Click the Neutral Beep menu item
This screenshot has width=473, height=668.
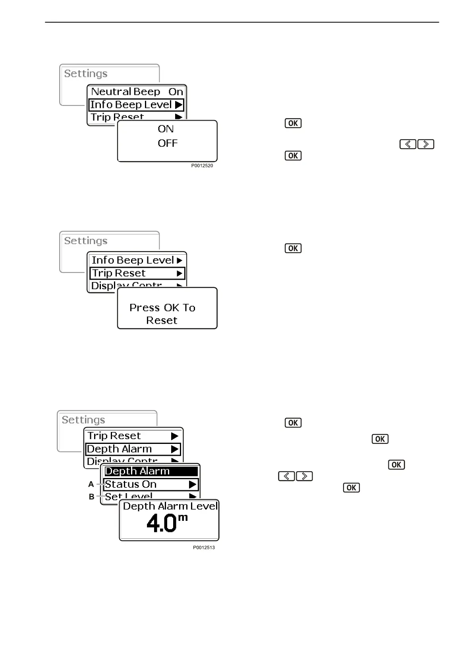tap(125, 92)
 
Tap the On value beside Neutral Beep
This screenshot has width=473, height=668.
tap(176, 92)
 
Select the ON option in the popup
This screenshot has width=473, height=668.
tap(166, 129)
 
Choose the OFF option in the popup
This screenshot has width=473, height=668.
tap(167, 143)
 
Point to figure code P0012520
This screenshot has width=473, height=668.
tap(202, 166)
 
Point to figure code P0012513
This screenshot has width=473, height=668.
tap(204, 547)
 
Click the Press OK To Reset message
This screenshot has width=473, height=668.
tap(162, 314)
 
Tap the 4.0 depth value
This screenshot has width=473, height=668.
tap(161, 523)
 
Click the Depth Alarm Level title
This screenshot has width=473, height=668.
tap(170, 506)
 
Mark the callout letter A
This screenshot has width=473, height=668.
tap(91, 484)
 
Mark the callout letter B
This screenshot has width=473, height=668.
tap(91, 497)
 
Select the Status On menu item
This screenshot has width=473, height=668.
tap(131, 484)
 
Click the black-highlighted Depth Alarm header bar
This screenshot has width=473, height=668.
tap(151, 471)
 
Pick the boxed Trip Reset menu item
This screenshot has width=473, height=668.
tap(137, 273)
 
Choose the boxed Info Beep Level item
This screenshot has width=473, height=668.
tap(136, 105)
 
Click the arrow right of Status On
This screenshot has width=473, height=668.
tap(193, 484)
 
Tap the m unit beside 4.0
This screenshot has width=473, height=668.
tap(183, 518)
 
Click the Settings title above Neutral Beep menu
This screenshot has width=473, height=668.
tap(86, 74)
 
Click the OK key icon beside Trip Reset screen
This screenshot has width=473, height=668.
tap(293, 248)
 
